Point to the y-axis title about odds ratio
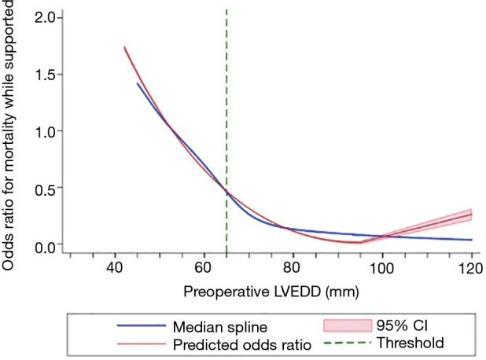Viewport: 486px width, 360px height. point(9,134)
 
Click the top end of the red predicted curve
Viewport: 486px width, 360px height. point(124,47)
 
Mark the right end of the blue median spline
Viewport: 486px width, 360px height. point(472,240)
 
